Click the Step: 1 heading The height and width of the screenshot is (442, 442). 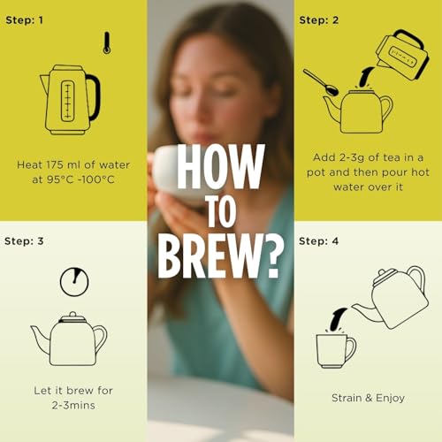(x=25, y=20)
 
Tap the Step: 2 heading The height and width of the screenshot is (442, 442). (x=319, y=20)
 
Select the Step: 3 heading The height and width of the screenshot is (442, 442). (x=24, y=241)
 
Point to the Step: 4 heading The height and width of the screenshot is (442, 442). (x=318, y=241)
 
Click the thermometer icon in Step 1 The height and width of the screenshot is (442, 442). (x=107, y=43)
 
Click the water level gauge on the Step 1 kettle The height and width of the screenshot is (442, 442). (x=67, y=101)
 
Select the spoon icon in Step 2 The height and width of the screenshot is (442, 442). (x=321, y=82)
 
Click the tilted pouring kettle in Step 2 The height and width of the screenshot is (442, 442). (x=402, y=56)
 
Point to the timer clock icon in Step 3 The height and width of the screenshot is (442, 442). (x=74, y=282)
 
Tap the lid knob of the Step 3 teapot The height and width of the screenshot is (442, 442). (x=73, y=315)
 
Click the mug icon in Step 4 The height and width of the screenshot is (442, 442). (x=336, y=351)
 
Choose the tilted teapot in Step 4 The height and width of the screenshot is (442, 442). (x=392, y=298)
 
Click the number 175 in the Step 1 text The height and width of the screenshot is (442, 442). (x=53, y=165)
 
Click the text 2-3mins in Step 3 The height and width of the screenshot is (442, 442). (x=73, y=406)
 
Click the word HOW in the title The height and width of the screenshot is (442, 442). (x=220, y=166)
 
